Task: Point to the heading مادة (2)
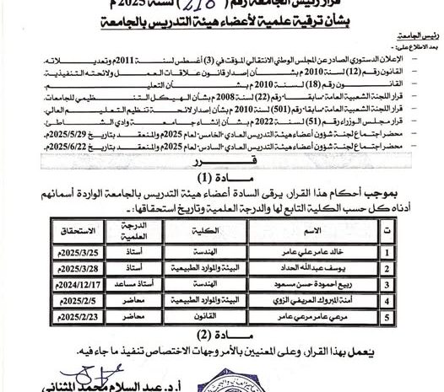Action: pyautogui.click(x=218, y=333)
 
